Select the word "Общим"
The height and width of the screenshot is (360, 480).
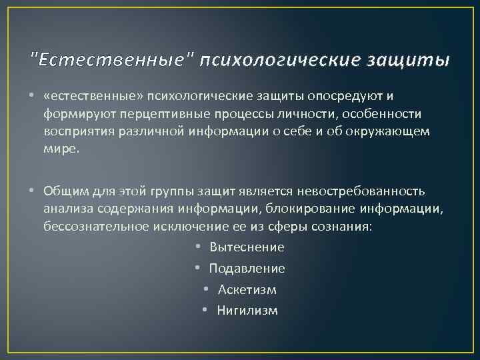click(x=65, y=193)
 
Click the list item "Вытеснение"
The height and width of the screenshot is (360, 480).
click(x=247, y=247)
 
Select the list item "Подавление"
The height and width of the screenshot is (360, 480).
click(x=247, y=269)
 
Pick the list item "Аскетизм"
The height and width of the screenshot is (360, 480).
click(x=247, y=290)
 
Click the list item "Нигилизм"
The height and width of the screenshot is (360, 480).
click(x=247, y=311)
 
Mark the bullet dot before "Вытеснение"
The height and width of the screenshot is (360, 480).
click(x=199, y=247)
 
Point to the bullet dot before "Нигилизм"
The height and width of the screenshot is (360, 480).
click(x=207, y=311)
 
